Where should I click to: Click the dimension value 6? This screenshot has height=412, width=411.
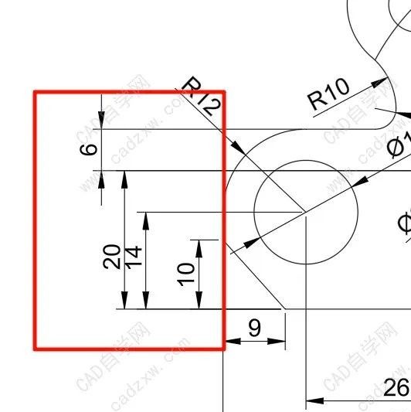pyautogui.click(x=90, y=149)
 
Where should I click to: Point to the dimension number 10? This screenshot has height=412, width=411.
pyautogui.click(x=185, y=272)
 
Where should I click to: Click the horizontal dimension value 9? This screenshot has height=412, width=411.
pyautogui.click(x=254, y=328)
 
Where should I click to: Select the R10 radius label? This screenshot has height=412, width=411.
pyautogui.click(x=328, y=94)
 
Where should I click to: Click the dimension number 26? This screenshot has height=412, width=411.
pyautogui.click(x=396, y=387)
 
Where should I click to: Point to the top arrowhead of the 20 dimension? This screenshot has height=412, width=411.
pyautogui.click(x=124, y=177)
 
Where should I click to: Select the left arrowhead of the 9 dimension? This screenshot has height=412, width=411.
pyautogui.click(x=229, y=339)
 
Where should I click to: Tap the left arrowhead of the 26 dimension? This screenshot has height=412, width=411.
pyautogui.click(x=312, y=400)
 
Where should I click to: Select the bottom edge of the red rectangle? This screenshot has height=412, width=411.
pyautogui.click(x=129, y=349)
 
